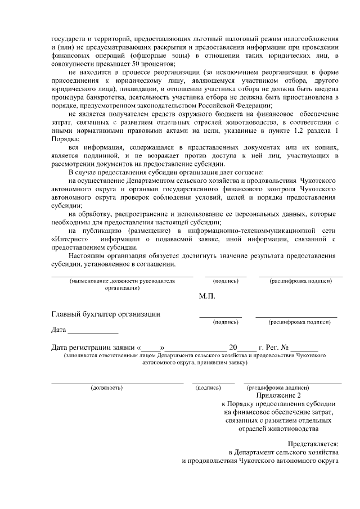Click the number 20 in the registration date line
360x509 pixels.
click(x=233, y=347)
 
